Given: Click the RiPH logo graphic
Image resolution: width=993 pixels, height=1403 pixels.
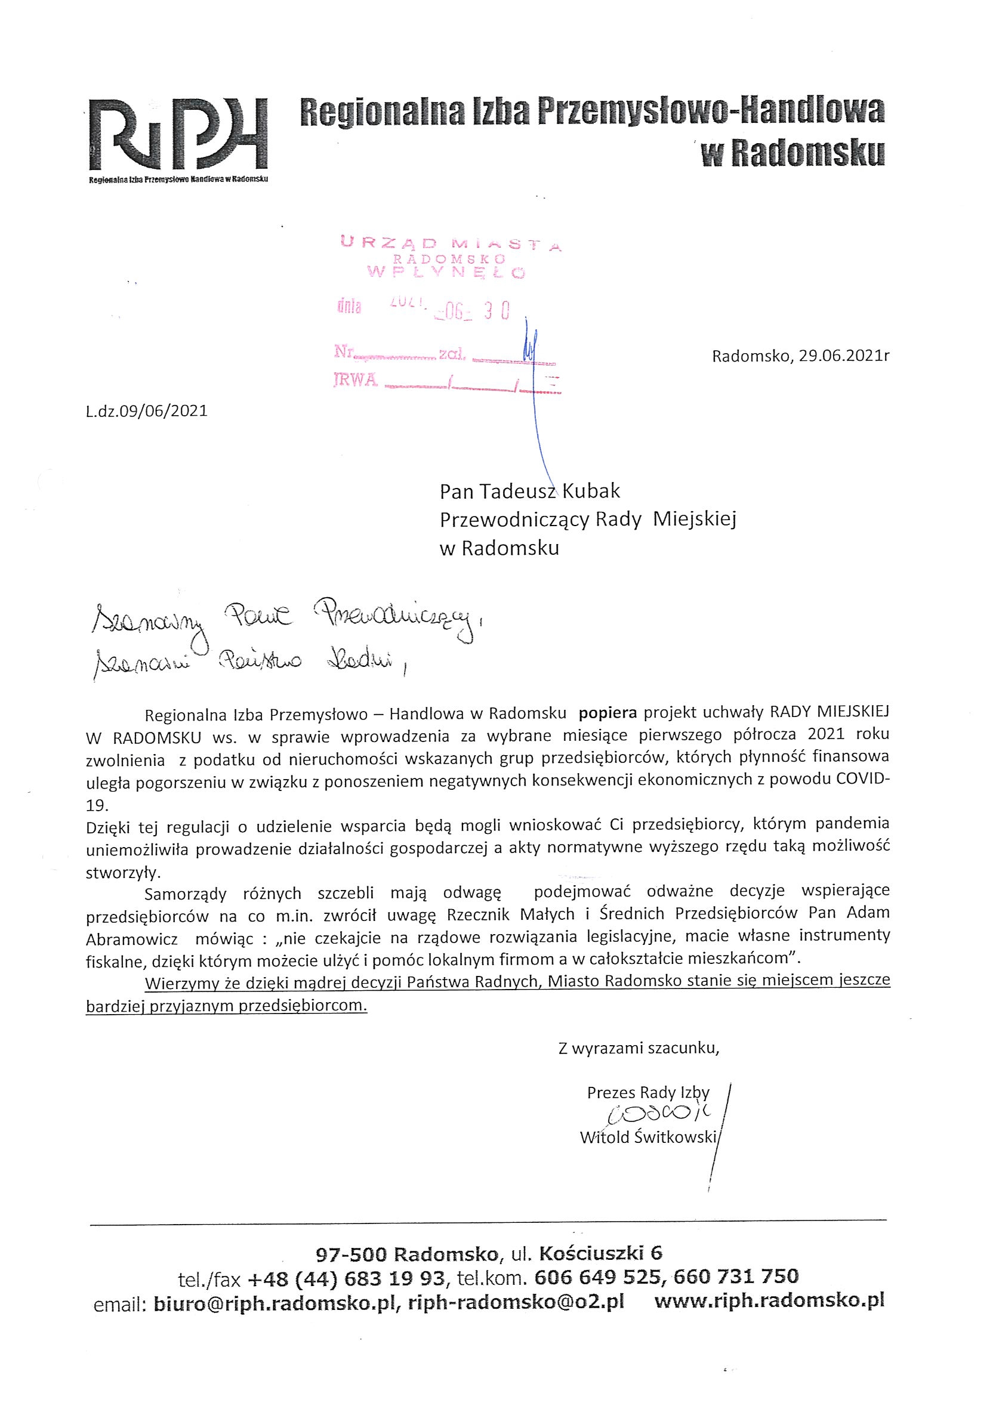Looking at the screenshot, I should [177, 135].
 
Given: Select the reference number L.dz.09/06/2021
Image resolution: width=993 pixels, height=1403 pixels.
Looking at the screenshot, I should [147, 410].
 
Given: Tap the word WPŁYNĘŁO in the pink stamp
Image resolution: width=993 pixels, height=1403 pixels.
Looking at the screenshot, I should [446, 273].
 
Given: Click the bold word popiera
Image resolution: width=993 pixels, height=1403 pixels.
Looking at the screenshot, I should [607, 712].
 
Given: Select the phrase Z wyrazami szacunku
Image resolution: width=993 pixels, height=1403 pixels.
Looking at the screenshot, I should [638, 1049].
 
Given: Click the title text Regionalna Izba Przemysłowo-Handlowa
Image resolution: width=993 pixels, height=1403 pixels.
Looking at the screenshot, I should [591, 112].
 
